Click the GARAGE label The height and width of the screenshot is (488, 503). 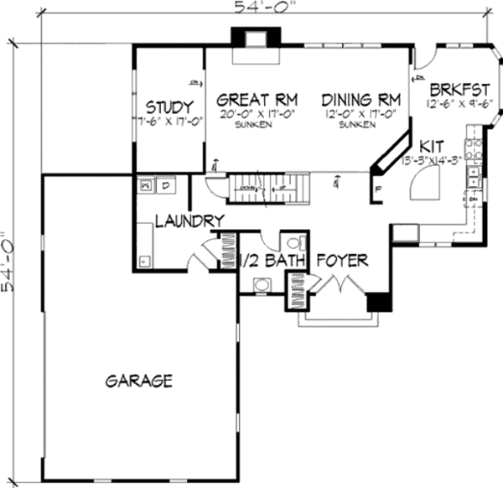139,382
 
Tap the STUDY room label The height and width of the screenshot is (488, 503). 170,107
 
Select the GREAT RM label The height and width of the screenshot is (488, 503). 248,96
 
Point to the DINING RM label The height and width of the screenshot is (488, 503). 359,96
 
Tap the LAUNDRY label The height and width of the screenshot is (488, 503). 189,221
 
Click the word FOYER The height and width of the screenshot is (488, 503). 342,262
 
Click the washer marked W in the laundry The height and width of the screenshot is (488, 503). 146,183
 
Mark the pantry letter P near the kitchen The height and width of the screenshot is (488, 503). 379,189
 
